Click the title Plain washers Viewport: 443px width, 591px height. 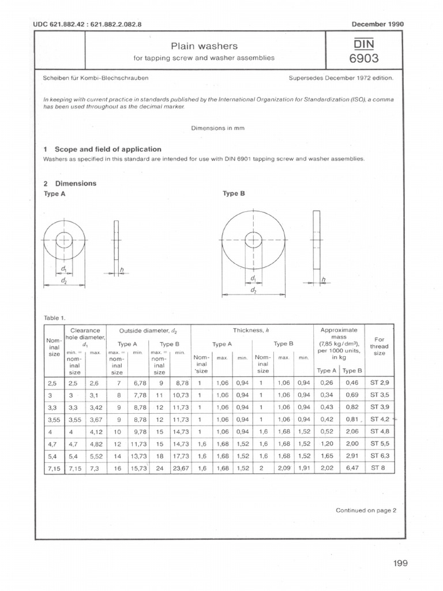201,46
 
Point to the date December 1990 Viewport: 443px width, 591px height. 377,24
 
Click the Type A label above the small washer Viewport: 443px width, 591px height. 55,194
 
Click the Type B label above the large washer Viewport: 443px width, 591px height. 234,194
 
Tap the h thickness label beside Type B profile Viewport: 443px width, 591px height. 324,280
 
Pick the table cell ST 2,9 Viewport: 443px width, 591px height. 380,383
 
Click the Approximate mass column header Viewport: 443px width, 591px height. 339,330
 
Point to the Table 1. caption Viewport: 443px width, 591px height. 55,317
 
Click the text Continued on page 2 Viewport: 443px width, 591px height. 366,510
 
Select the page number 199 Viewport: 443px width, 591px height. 400,563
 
